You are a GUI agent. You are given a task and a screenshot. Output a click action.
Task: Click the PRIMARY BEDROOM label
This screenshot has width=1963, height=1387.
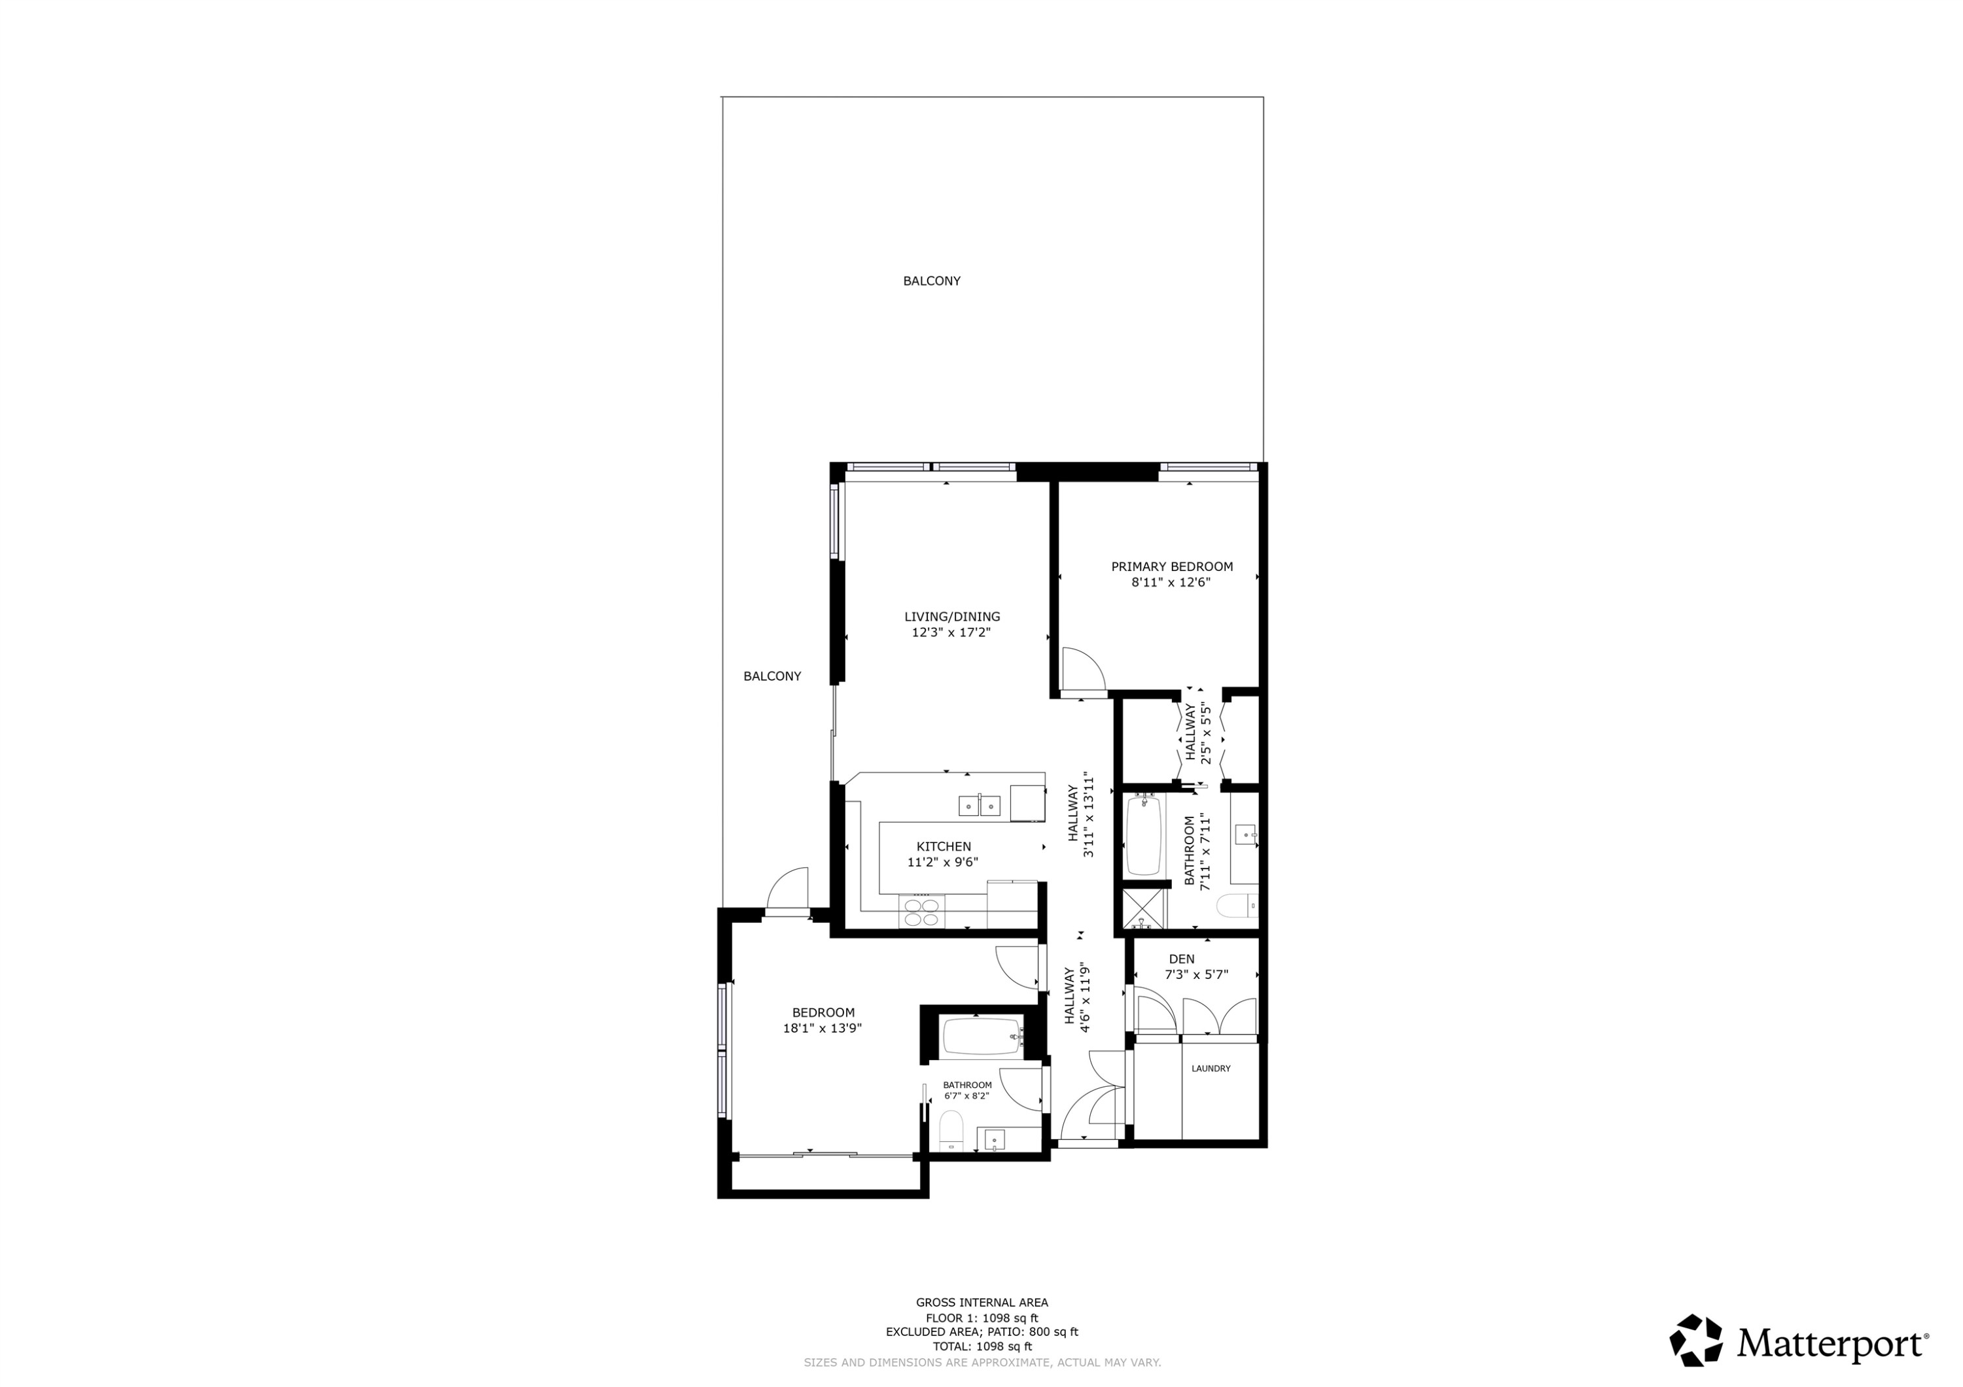pos(1171,566)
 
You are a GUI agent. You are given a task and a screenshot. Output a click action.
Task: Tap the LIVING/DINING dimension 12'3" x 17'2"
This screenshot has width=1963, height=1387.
pos(951,632)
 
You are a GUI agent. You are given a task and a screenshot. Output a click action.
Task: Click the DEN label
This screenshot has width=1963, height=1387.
pos(1182,959)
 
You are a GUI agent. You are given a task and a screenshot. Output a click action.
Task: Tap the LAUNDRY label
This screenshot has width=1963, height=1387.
pos(1211,1069)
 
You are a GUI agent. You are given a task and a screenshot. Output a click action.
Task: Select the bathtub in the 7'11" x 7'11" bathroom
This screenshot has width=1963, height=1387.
pos(1142,835)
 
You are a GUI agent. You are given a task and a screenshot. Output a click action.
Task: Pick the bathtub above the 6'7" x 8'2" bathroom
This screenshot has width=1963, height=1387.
pos(982,1038)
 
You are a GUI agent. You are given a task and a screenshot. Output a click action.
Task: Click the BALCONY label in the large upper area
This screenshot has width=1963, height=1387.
pos(931,281)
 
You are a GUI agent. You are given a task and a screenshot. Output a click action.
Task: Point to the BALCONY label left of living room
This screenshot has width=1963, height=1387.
pos(772,676)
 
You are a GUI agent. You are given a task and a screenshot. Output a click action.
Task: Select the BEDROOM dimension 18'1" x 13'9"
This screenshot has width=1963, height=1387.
pos(822,1028)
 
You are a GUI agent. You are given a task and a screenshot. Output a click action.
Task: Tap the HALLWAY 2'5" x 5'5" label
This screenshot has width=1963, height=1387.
pos(1198,732)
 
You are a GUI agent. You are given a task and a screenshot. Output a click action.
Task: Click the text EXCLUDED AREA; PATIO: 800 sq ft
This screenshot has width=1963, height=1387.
pos(981,1332)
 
